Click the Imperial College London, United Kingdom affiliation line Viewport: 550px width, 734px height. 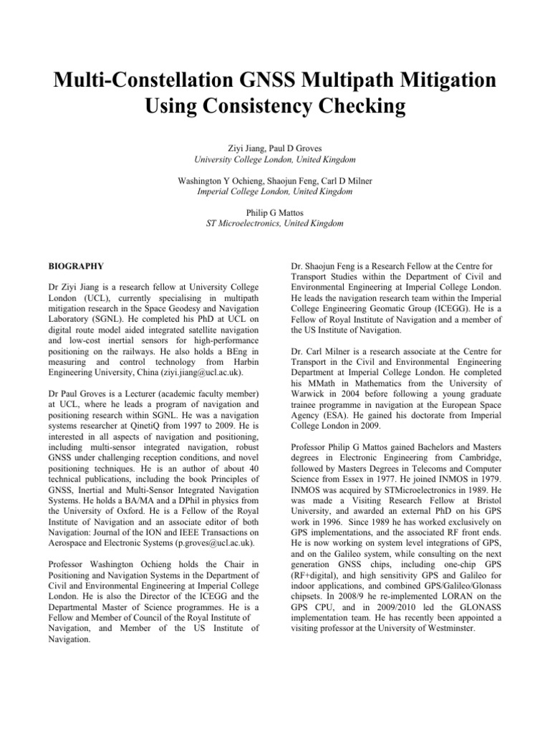[274, 192]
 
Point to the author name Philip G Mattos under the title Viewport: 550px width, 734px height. [274, 213]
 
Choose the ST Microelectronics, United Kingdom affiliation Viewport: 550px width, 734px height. [274, 224]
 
